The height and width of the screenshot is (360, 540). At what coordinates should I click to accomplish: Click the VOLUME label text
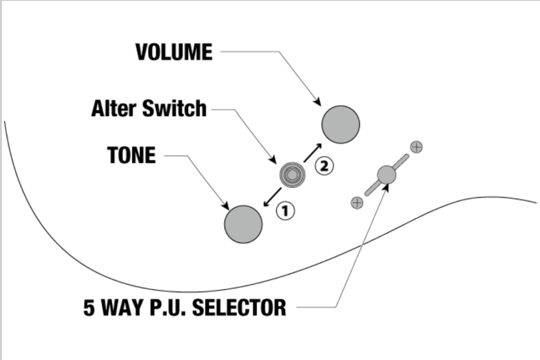click(174, 52)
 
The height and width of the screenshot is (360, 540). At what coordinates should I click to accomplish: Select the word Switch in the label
click(174, 109)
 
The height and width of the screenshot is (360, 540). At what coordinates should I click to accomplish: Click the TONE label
click(131, 155)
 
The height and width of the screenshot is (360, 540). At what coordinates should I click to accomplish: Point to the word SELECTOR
click(239, 307)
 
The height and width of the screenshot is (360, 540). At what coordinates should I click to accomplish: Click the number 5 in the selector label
click(89, 307)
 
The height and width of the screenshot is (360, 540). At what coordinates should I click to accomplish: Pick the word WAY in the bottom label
click(123, 307)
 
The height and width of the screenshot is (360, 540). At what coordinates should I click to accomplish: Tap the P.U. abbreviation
click(168, 307)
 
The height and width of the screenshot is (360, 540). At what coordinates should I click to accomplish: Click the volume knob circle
click(341, 124)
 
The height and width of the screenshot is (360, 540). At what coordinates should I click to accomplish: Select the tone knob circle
click(243, 225)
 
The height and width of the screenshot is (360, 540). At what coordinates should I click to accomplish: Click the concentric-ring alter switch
click(292, 175)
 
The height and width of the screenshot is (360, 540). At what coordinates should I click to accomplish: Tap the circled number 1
click(285, 211)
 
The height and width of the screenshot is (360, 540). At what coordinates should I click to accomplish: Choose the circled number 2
click(324, 166)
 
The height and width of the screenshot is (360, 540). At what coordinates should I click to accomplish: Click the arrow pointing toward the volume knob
click(313, 152)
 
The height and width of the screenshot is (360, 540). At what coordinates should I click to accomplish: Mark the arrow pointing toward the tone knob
click(272, 197)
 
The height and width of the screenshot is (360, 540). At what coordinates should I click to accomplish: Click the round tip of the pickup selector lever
click(387, 175)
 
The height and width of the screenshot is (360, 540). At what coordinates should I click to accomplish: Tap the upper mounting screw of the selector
click(417, 147)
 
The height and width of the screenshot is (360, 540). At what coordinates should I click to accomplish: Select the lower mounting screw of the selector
click(357, 203)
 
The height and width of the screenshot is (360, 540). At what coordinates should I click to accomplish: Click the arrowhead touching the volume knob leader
click(317, 102)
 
